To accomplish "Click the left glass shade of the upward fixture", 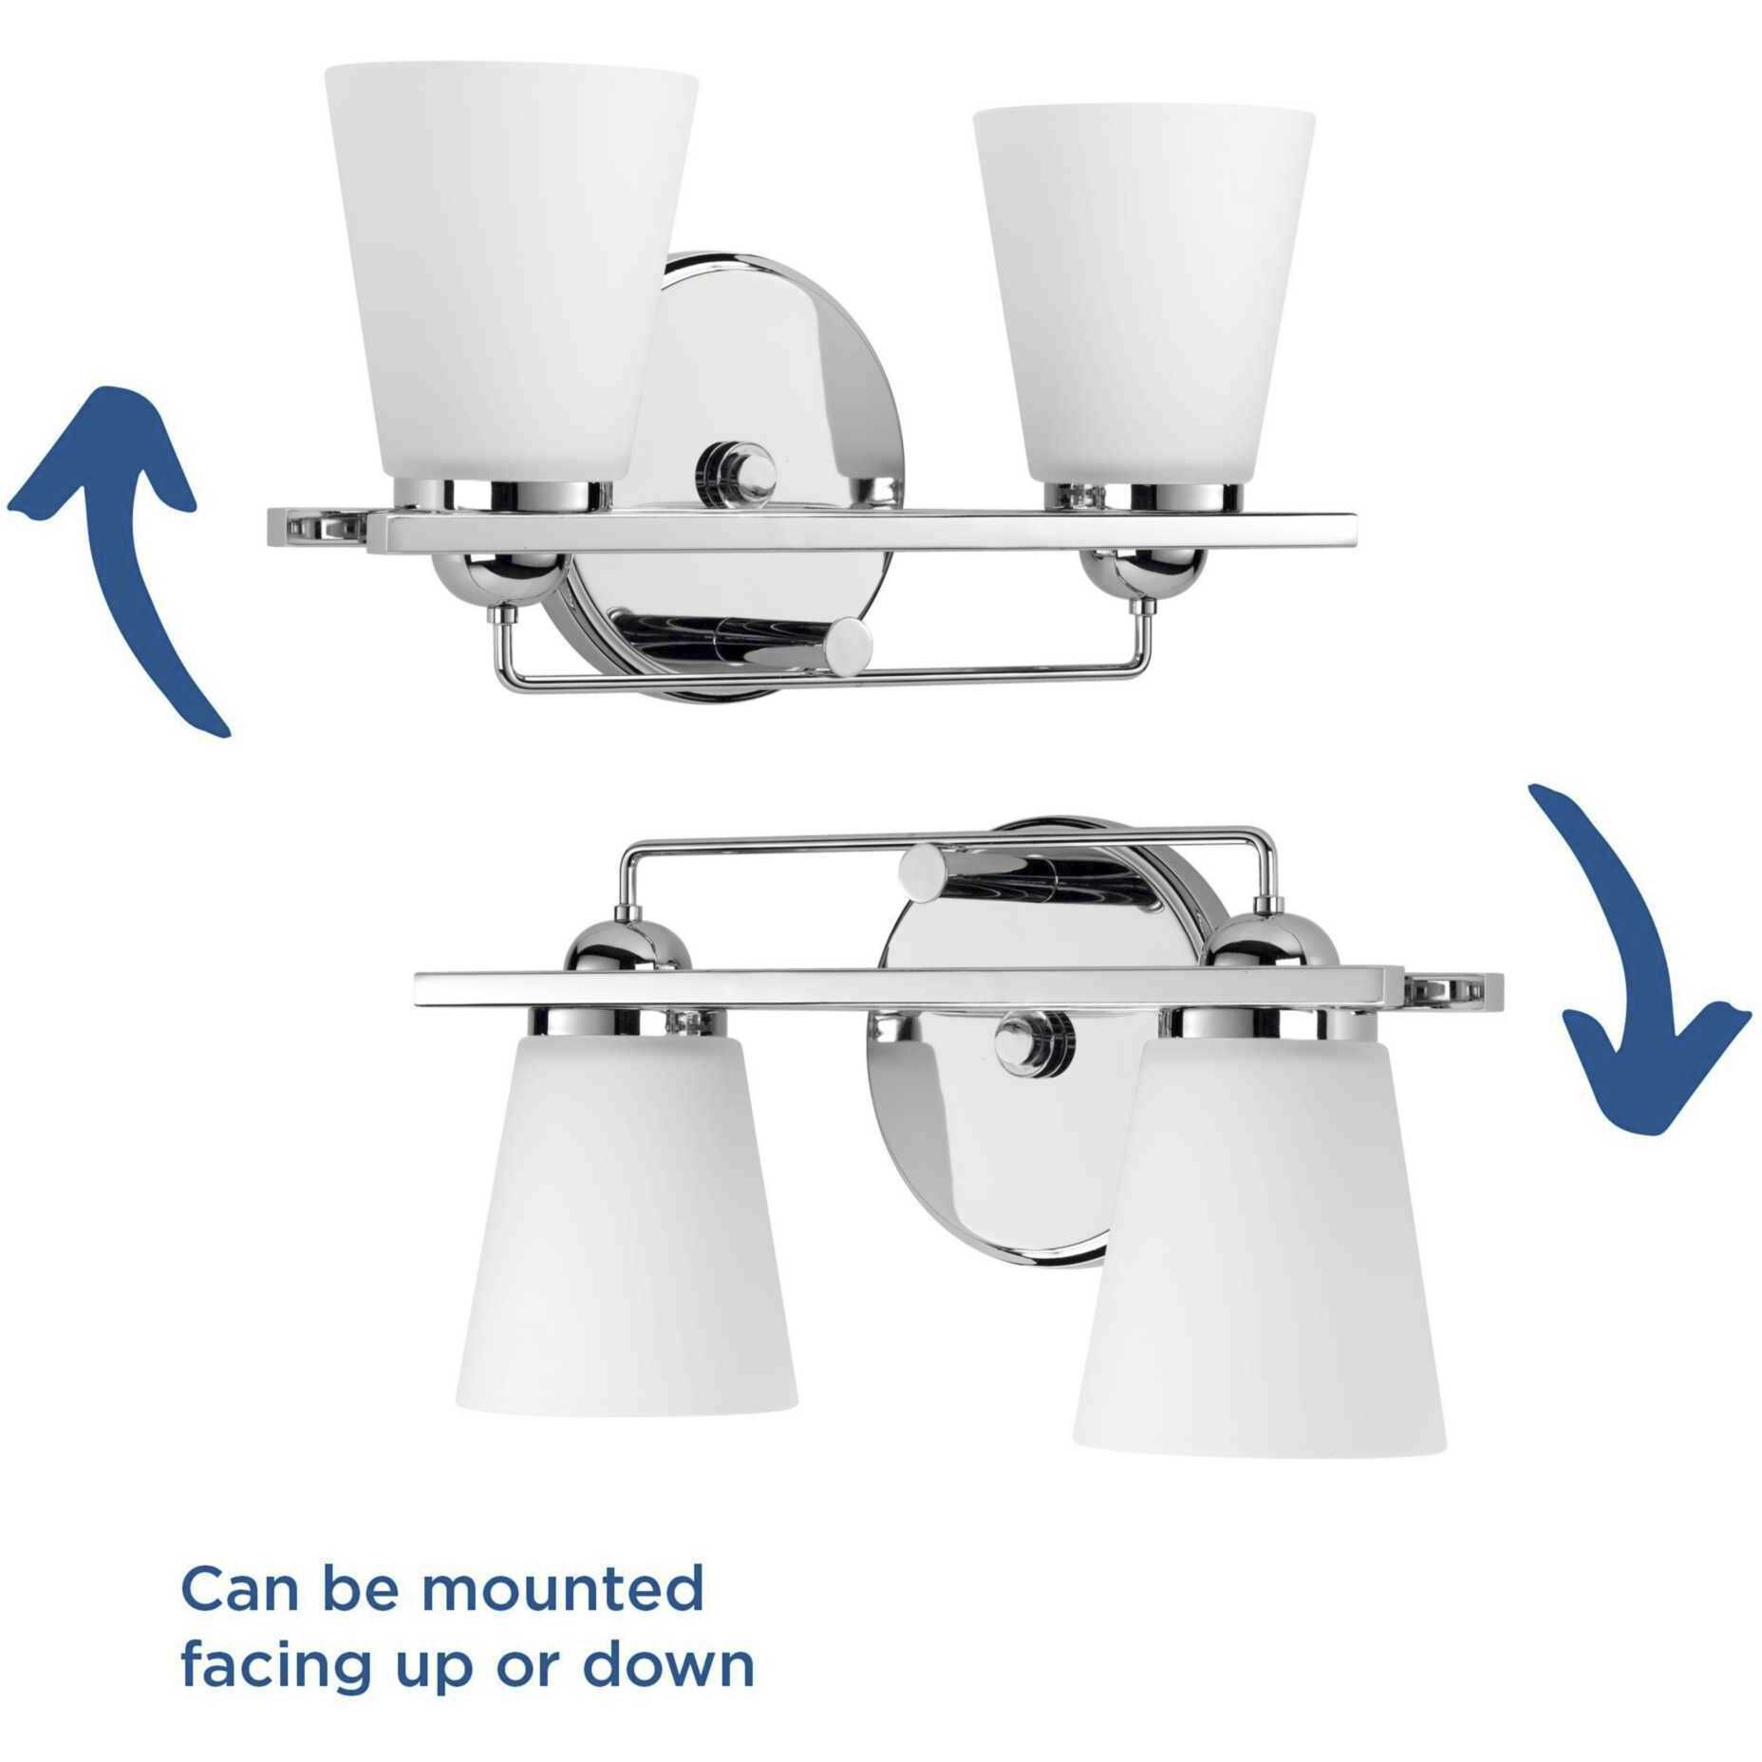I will [x=503, y=275].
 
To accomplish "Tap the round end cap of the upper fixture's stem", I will [x=847, y=647].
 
